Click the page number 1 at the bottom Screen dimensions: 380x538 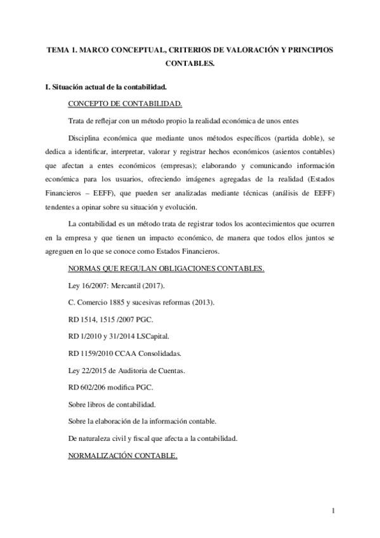point(334,511)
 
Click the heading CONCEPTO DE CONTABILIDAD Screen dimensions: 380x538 point(125,103)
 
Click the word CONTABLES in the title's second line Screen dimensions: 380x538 point(190,63)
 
